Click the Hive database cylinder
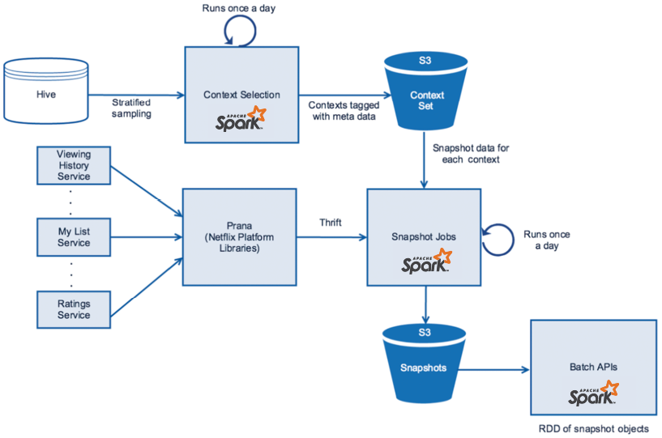46,91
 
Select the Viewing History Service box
74,165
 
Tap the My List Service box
74,237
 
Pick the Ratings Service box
74,309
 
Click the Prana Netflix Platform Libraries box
239,237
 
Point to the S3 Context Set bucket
425,91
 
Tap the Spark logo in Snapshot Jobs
426,262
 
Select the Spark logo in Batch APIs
594,393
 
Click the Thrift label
330,223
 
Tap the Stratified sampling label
131,108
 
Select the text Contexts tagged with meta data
344,111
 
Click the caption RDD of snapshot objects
594,429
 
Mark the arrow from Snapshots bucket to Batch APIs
494,370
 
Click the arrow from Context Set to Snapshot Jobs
425,159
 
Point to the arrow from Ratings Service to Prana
147,287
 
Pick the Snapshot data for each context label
471,154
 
